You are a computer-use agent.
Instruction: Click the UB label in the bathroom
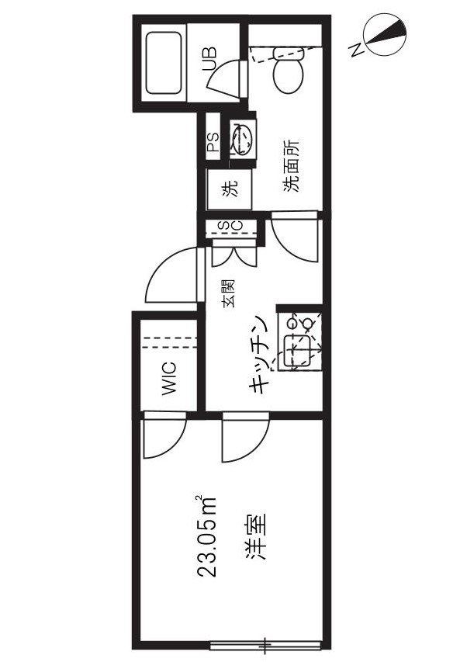click(x=209, y=58)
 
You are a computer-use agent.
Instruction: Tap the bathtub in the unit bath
click(x=164, y=63)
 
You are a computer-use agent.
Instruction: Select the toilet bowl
click(x=289, y=70)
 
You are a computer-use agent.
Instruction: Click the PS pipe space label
click(x=213, y=142)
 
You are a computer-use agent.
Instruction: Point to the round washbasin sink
click(x=242, y=137)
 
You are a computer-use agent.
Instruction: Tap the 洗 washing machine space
click(x=230, y=189)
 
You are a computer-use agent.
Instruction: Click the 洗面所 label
click(x=291, y=166)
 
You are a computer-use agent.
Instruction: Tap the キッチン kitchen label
click(x=260, y=354)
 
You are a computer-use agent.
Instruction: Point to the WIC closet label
click(x=169, y=378)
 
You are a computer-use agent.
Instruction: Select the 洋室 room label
click(x=257, y=535)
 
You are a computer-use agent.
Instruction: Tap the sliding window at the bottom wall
click(x=266, y=645)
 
